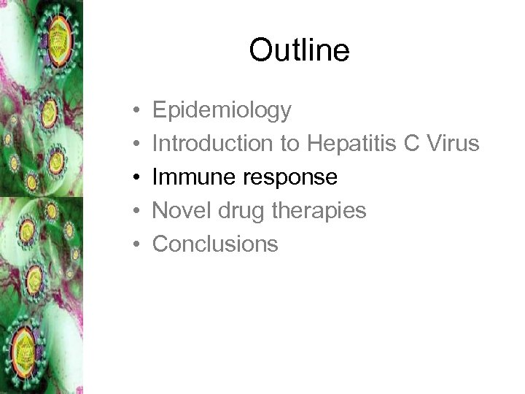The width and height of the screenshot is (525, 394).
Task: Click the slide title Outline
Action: (x=299, y=50)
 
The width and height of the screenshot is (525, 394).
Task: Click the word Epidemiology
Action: (x=222, y=111)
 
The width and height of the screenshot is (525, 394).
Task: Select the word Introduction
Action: (x=212, y=144)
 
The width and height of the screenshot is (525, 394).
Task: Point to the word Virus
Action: (x=452, y=144)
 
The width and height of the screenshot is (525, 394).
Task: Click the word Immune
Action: (x=192, y=177)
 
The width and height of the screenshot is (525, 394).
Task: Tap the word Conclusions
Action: (x=215, y=244)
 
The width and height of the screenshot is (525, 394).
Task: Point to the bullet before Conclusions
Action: (x=136, y=244)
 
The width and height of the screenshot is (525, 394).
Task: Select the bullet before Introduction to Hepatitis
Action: (x=136, y=144)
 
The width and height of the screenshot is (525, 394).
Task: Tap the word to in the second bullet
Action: (x=289, y=144)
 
